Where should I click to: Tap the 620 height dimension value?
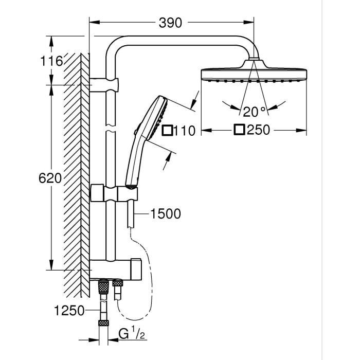point(50,178)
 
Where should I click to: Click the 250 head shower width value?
point(258,130)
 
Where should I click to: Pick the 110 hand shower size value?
point(184,131)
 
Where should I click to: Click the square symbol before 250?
point(239,130)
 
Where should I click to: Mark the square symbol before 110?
point(167,131)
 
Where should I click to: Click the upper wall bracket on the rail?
point(105,83)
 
